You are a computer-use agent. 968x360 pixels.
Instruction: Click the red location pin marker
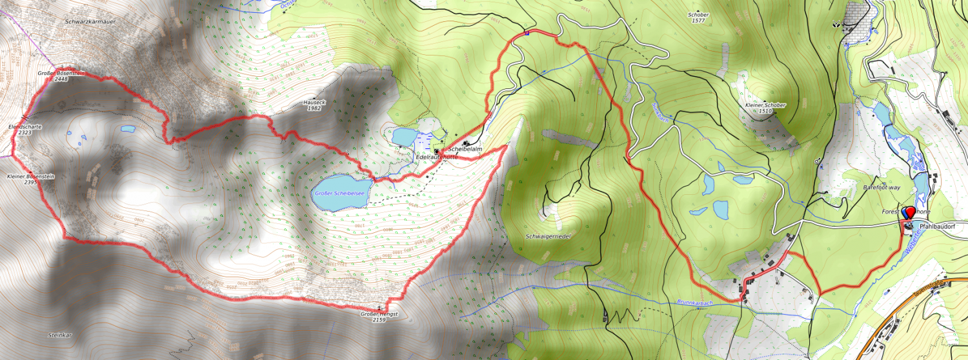(x=910, y=212)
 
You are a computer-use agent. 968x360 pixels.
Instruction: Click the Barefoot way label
(x=881, y=187)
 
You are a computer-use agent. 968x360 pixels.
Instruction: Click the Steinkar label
(x=59, y=335)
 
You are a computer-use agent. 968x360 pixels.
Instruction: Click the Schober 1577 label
(x=699, y=17)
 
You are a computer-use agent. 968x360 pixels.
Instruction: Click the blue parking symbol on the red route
(x=527, y=33)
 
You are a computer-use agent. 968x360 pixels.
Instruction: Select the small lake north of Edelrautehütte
(x=405, y=137)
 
